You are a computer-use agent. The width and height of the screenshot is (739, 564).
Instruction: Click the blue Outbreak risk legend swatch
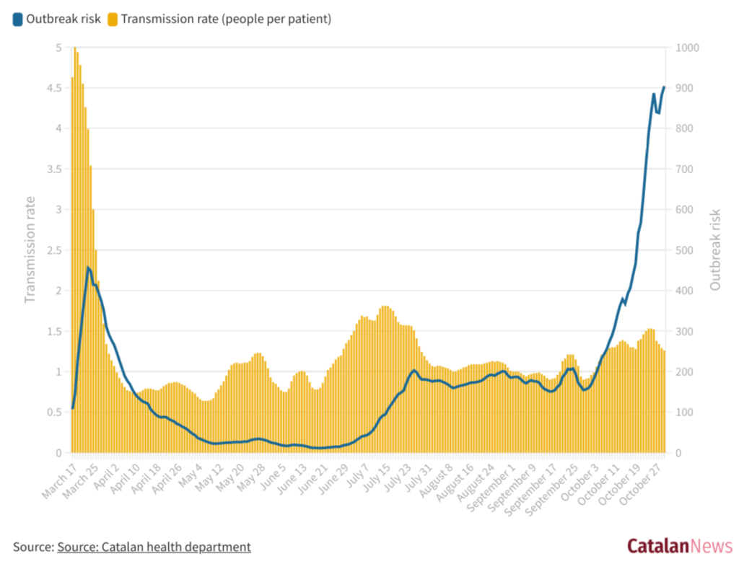[17, 19]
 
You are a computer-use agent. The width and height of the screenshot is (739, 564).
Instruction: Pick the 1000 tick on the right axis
[683, 48]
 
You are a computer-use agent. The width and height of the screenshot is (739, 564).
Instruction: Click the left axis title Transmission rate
[31, 250]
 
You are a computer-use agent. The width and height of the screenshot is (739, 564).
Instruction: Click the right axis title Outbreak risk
[715, 250]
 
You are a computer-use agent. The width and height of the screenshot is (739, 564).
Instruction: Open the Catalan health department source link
[154, 547]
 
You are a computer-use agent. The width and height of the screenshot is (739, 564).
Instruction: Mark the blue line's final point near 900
[664, 87]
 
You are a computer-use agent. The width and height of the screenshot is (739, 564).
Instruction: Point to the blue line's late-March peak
[88, 268]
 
